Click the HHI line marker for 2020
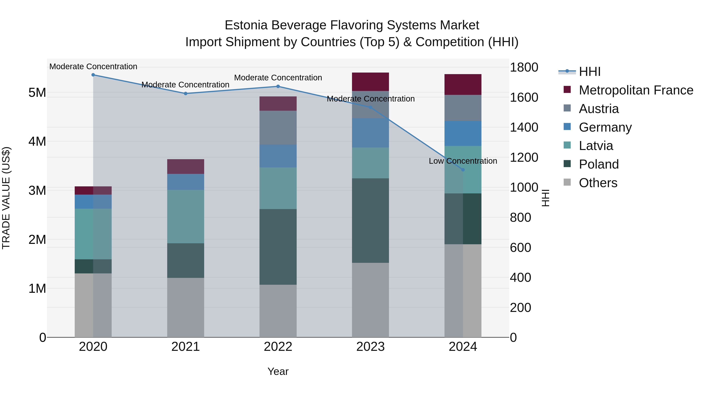pos(93,75)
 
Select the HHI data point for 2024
pos(463,170)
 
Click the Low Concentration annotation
pos(463,161)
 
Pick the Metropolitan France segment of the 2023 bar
pos(370,82)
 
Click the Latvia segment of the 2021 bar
pos(186,216)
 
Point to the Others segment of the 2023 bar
pos(370,300)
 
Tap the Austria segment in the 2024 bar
pos(463,108)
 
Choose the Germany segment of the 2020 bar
pos(93,202)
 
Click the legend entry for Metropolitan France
pos(636,90)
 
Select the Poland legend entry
pos(599,164)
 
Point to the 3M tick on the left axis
pos(37,190)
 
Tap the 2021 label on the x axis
pos(186,347)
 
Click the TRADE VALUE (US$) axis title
pos(6,198)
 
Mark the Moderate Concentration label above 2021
pos(185,85)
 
